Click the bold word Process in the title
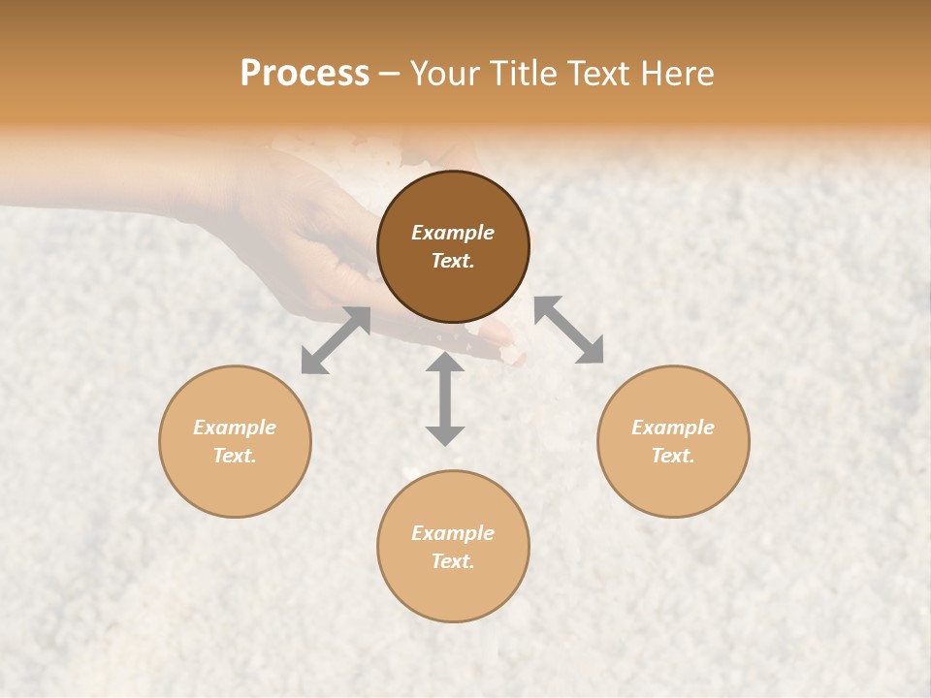pos(305,74)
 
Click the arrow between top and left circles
pos(336,339)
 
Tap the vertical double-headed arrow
pos(445,398)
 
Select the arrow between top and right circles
pos(568,330)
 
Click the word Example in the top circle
pos(453,233)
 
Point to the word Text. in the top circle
pos(453,261)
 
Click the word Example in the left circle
pos(235,428)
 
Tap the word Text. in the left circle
pos(235,456)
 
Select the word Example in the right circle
pos(673,428)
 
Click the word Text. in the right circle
pos(673,456)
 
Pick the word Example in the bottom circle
pos(453,533)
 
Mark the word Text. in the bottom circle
pos(453,561)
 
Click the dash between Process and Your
pos(390,75)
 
